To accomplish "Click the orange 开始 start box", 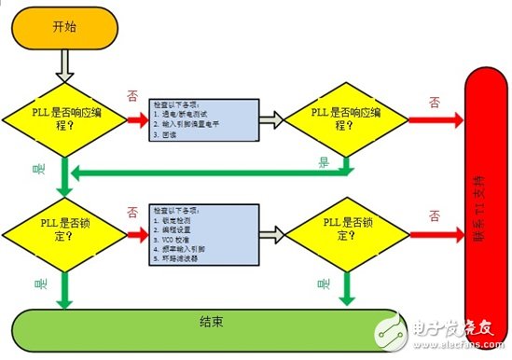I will tap(63, 27).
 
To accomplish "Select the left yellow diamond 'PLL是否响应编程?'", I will tap(62, 119).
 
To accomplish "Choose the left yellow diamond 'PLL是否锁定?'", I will tap(62, 226).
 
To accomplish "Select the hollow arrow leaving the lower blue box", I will tap(270, 228).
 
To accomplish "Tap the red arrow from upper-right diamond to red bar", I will tap(433, 119).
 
